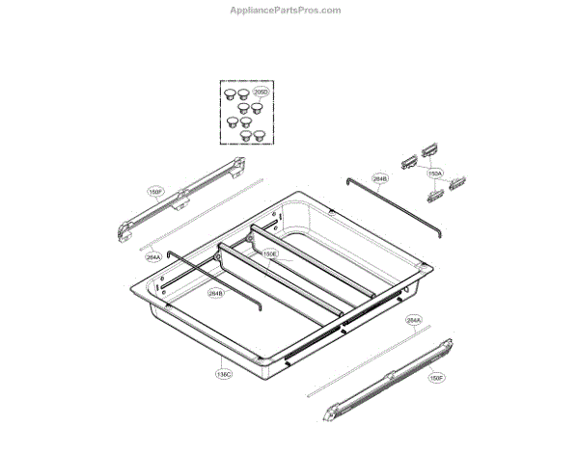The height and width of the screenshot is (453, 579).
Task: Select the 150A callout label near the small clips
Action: pos(435,173)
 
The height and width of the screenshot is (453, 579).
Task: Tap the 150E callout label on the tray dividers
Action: pos(271,254)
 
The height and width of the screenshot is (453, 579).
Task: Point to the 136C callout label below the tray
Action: pos(224,375)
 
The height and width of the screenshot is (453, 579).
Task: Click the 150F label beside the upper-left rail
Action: pos(154,192)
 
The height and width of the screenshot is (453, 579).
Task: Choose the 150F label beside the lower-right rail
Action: pos(436,378)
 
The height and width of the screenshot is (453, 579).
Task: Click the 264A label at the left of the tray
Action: pos(153,257)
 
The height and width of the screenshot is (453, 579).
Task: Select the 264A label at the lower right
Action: pos(413,320)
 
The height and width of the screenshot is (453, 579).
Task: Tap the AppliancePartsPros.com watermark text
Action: pos(285,11)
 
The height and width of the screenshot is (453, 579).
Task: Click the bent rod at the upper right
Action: pos(396,203)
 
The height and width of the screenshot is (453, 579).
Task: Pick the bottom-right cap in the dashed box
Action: pos(258,136)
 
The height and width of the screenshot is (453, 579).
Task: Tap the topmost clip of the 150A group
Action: pos(427,148)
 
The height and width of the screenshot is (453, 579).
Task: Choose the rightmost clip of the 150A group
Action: pos(457,180)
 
